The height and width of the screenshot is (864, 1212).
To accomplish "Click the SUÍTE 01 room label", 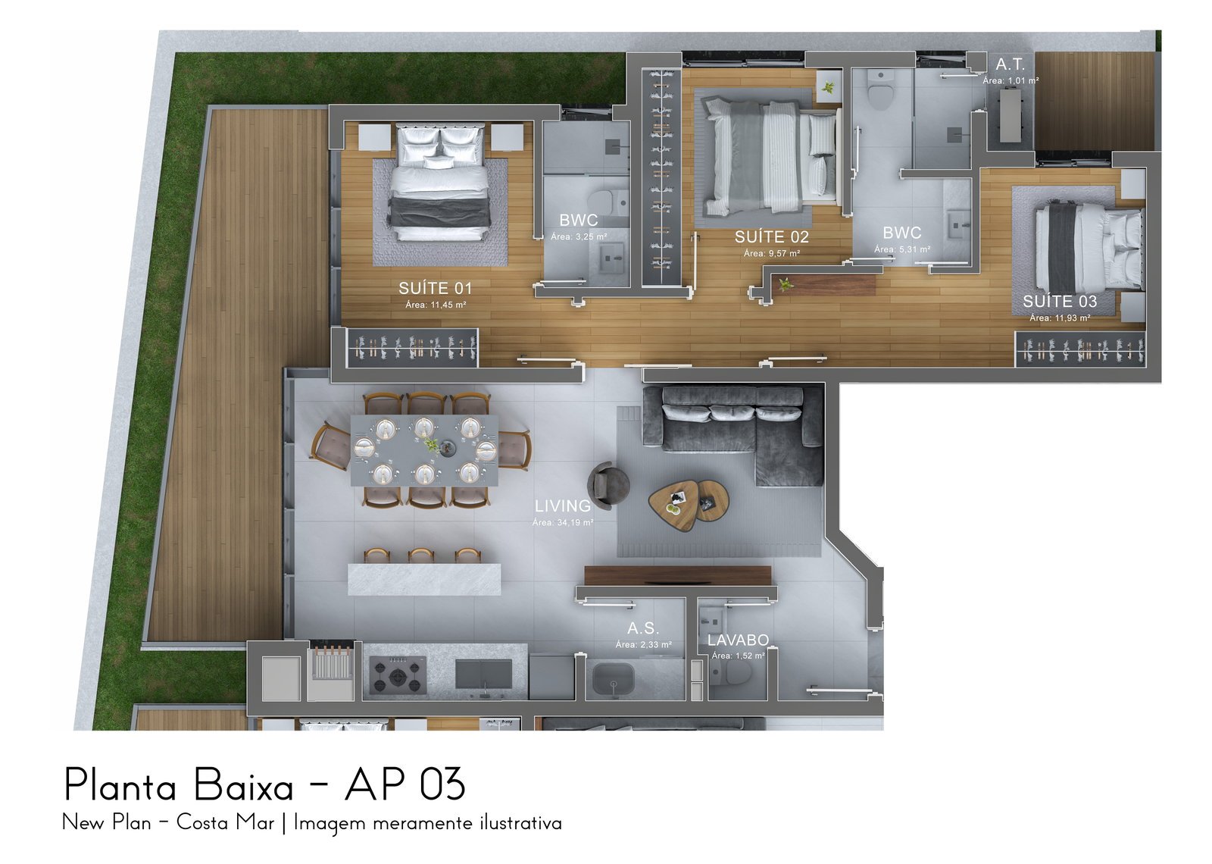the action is [435, 288].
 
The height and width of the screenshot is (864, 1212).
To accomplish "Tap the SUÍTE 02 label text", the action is [772, 236].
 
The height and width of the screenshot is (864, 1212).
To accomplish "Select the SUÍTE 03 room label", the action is [1060, 301].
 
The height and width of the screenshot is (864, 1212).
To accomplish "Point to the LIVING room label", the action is [563, 506].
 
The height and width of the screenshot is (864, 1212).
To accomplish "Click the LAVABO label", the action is [738, 640].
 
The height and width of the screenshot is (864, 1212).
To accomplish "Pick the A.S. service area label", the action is [643, 628].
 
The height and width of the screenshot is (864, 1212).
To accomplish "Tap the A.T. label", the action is [1011, 64].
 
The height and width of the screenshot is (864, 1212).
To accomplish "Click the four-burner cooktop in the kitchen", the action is [398, 675].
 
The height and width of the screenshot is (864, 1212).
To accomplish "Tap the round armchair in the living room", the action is [609, 485].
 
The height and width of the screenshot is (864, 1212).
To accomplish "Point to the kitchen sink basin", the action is [483, 675].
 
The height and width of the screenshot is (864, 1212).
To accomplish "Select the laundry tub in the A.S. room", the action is [614, 679].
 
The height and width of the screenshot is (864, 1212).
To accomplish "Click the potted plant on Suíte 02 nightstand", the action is [827, 86].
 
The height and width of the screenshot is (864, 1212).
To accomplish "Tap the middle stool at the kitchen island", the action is [421, 556].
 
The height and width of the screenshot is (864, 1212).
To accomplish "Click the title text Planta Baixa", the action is [179, 785].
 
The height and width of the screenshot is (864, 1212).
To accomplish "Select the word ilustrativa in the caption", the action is [520, 823].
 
